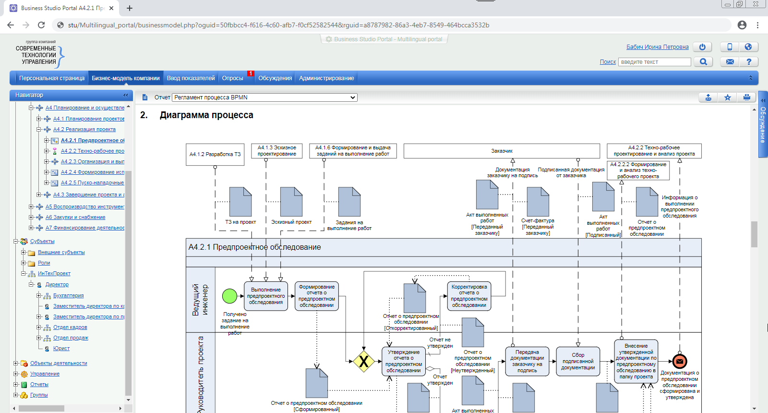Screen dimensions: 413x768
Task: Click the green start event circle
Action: [x=229, y=296]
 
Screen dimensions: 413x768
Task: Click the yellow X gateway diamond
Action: [x=364, y=362]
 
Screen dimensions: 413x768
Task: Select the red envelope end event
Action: [x=680, y=361]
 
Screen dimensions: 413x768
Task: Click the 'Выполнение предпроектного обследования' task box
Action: [x=266, y=296]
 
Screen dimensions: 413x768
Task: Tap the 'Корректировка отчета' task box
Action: [x=469, y=296]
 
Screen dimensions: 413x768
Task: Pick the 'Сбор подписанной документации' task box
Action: [x=578, y=362]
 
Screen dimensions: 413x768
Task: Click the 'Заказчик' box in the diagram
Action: [x=502, y=151]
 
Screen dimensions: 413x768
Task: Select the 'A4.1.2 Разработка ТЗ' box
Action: [x=215, y=154]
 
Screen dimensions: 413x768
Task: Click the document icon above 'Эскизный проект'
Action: [x=291, y=202]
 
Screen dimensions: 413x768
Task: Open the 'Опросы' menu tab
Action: [x=233, y=78]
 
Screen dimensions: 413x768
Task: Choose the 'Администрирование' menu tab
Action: [x=326, y=78]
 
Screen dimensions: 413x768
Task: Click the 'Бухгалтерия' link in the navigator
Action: [x=68, y=296]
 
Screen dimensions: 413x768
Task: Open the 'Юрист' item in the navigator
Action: [x=61, y=349]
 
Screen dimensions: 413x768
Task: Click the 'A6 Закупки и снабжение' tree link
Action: [x=75, y=218]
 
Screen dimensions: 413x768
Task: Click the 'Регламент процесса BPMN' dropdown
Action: [x=264, y=97]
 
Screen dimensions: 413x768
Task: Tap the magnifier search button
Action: [x=703, y=62]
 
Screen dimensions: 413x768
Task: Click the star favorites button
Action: [x=728, y=97]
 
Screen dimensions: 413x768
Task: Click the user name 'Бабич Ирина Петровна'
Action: [x=657, y=47]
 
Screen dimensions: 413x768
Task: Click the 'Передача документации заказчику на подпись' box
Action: [x=527, y=362]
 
